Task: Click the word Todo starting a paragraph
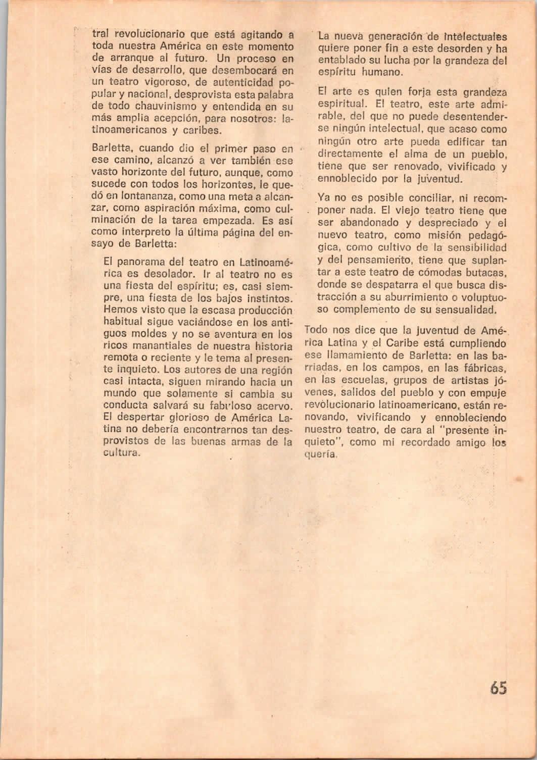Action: click(x=317, y=331)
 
